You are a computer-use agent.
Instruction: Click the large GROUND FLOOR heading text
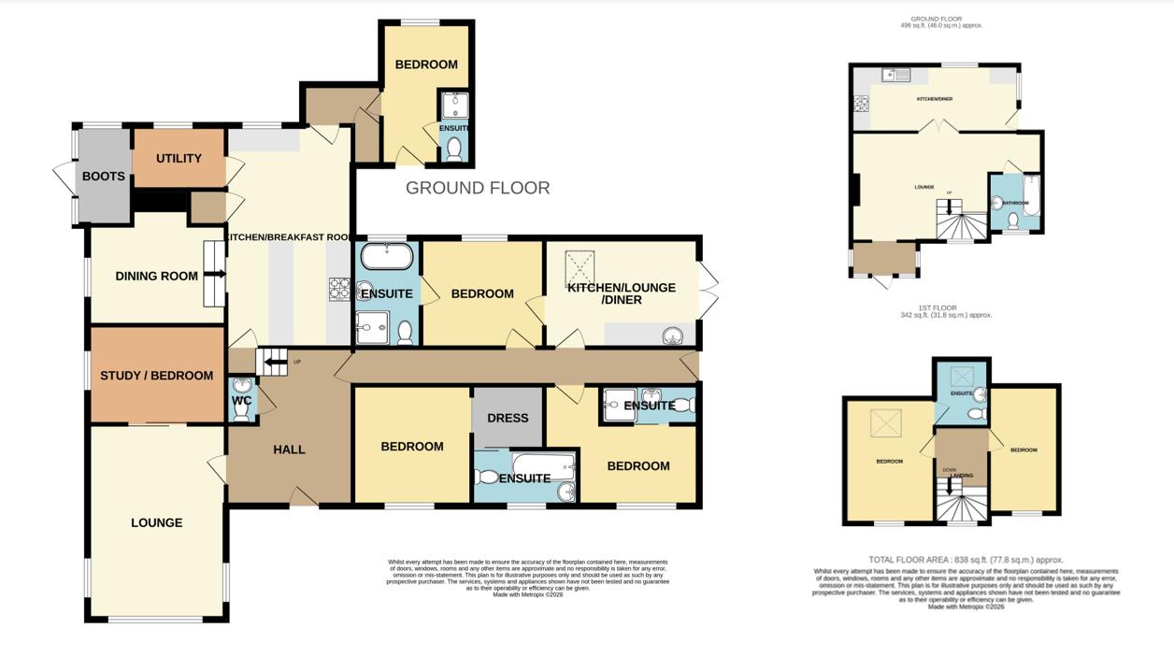click(477, 188)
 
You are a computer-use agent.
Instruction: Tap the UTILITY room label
click(179, 158)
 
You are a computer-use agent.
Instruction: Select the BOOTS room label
click(103, 176)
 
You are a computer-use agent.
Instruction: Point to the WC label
click(241, 400)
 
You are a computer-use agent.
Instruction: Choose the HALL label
click(289, 450)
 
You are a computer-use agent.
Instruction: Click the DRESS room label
click(508, 418)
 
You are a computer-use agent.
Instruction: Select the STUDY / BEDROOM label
click(156, 376)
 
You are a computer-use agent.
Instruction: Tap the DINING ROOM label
click(156, 276)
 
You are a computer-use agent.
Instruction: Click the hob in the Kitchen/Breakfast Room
click(337, 290)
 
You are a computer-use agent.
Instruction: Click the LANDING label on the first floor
click(962, 476)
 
